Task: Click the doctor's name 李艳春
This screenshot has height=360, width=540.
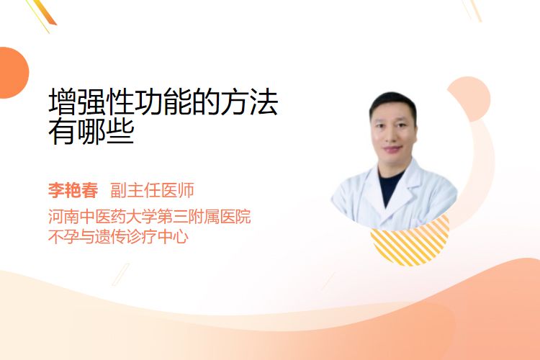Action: (73, 190)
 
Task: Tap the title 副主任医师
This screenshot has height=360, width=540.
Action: (152, 190)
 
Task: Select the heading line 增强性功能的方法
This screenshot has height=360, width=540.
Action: (163, 102)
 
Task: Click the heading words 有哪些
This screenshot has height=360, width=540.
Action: (91, 131)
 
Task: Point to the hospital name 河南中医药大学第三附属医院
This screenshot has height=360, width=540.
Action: (150, 216)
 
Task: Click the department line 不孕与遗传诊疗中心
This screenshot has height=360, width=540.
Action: (119, 237)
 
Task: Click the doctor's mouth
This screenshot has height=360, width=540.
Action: (393, 149)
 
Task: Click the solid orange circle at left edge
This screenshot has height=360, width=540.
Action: (12, 73)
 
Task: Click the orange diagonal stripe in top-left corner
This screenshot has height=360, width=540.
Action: (43, 12)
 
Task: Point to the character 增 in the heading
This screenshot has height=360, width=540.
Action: (63, 102)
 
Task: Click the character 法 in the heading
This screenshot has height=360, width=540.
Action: (264, 102)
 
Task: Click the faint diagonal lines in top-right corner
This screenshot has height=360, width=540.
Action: (472, 10)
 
